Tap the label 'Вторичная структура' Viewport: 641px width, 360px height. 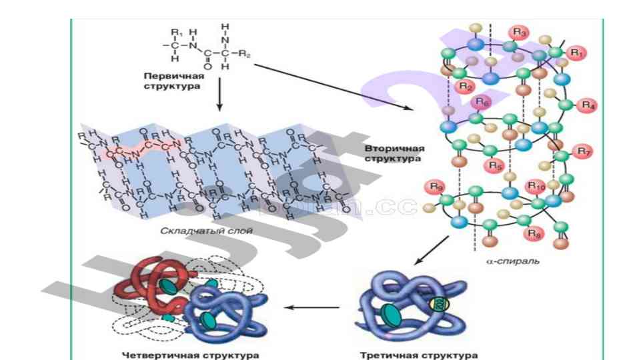click(393, 153)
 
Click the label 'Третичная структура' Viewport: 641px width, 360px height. click(418, 355)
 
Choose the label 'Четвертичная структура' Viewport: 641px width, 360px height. click(190, 355)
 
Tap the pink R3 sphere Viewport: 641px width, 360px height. click(519, 32)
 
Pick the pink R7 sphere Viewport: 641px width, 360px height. click(584, 151)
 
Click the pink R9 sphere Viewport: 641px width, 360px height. click(437, 186)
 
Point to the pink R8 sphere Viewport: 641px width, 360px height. click(534, 233)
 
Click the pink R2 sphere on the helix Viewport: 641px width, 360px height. click(466, 85)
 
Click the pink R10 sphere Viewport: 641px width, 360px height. click(536, 185)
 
